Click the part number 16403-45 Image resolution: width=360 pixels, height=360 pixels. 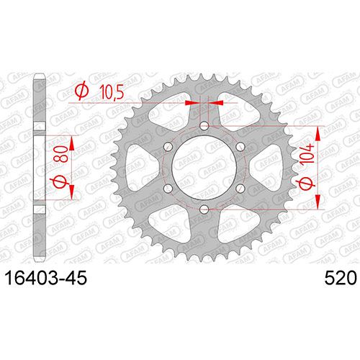(x=46, y=278)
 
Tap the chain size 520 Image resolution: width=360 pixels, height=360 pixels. (x=341, y=278)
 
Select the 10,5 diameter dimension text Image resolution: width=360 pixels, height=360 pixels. (x=112, y=92)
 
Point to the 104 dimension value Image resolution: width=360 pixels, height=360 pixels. (x=307, y=154)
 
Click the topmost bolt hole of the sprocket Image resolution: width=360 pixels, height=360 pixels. (x=204, y=125)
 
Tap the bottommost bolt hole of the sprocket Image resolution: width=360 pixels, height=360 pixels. (x=204, y=210)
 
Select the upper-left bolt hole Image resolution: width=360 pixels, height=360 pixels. (x=168, y=146)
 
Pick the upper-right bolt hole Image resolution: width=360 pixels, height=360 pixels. (x=240, y=146)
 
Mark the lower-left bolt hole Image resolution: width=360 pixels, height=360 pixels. (x=168, y=188)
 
